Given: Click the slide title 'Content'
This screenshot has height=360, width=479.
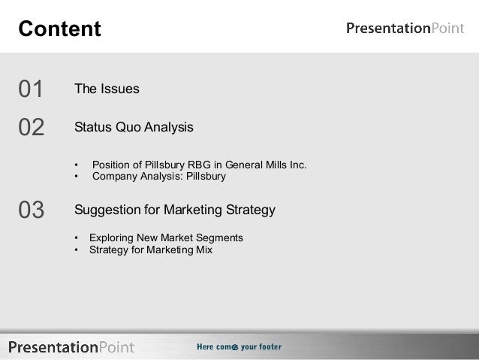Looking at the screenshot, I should pyautogui.click(x=59, y=29).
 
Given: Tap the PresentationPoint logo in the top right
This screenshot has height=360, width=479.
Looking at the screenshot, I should pyautogui.click(x=405, y=29).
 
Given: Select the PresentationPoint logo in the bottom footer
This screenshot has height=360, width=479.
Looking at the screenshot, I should pyautogui.click(x=71, y=346).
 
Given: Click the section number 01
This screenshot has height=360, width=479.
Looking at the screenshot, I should pyautogui.click(x=31, y=89).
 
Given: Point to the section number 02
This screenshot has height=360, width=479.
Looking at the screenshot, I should pyautogui.click(x=31, y=127).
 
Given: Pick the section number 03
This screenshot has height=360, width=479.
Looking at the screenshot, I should pyautogui.click(x=31, y=210).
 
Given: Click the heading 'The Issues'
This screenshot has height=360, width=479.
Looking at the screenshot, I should pyautogui.click(x=107, y=89).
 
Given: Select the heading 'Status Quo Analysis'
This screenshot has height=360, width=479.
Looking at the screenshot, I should pyautogui.click(x=134, y=127).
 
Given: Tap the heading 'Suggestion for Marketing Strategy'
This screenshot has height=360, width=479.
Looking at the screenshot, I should pyautogui.click(x=174, y=209).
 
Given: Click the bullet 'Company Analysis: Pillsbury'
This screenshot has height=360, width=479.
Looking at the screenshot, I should pyautogui.click(x=158, y=177).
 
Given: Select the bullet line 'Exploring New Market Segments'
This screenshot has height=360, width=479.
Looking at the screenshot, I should pyautogui.click(x=166, y=237).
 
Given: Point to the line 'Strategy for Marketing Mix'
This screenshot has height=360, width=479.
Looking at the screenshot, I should pyautogui.click(x=150, y=250).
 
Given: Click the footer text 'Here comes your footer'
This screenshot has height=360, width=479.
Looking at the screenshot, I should pyautogui.click(x=239, y=346).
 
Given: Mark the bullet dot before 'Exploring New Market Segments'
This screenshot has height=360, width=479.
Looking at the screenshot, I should pyautogui.click(x=77, y=238).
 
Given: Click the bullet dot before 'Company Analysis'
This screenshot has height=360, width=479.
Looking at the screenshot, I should pyautogui.click(x=77, y=178).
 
